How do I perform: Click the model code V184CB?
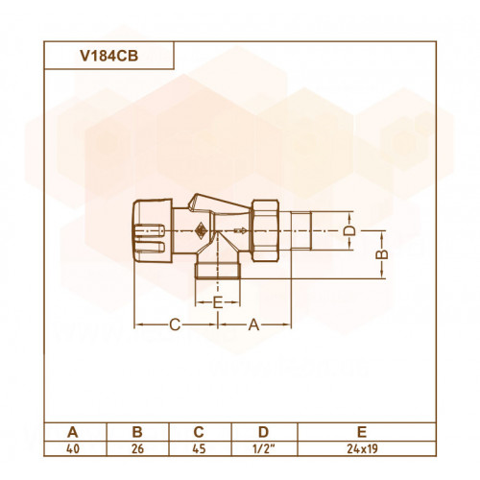click(x=109, y=56)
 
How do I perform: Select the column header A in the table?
click(x=73, y=432)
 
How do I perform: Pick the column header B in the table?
click(x=137, y=432)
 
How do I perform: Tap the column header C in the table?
click(x=199, y=432)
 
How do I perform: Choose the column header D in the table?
click(x=263, y=432)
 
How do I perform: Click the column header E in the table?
click(x=362, y=432)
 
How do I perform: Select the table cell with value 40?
click(x=73, y=449)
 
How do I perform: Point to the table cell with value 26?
click(x=137, y=449)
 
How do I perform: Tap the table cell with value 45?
click(x=199, y=449)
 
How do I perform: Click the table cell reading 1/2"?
click(x=264, y=448)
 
